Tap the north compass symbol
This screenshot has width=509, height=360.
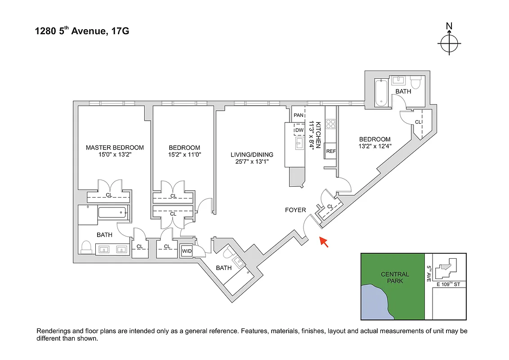449,44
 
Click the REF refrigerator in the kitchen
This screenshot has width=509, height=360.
331,151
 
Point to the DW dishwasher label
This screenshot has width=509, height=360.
299,130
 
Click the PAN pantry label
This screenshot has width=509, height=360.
299,115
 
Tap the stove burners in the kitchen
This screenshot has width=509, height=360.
331,124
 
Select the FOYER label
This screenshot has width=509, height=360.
295,210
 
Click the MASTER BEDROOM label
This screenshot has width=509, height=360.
115,148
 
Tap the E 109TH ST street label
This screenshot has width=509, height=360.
449,284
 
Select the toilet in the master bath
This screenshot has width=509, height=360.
86,247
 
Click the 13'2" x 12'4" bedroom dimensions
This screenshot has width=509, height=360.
374,146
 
